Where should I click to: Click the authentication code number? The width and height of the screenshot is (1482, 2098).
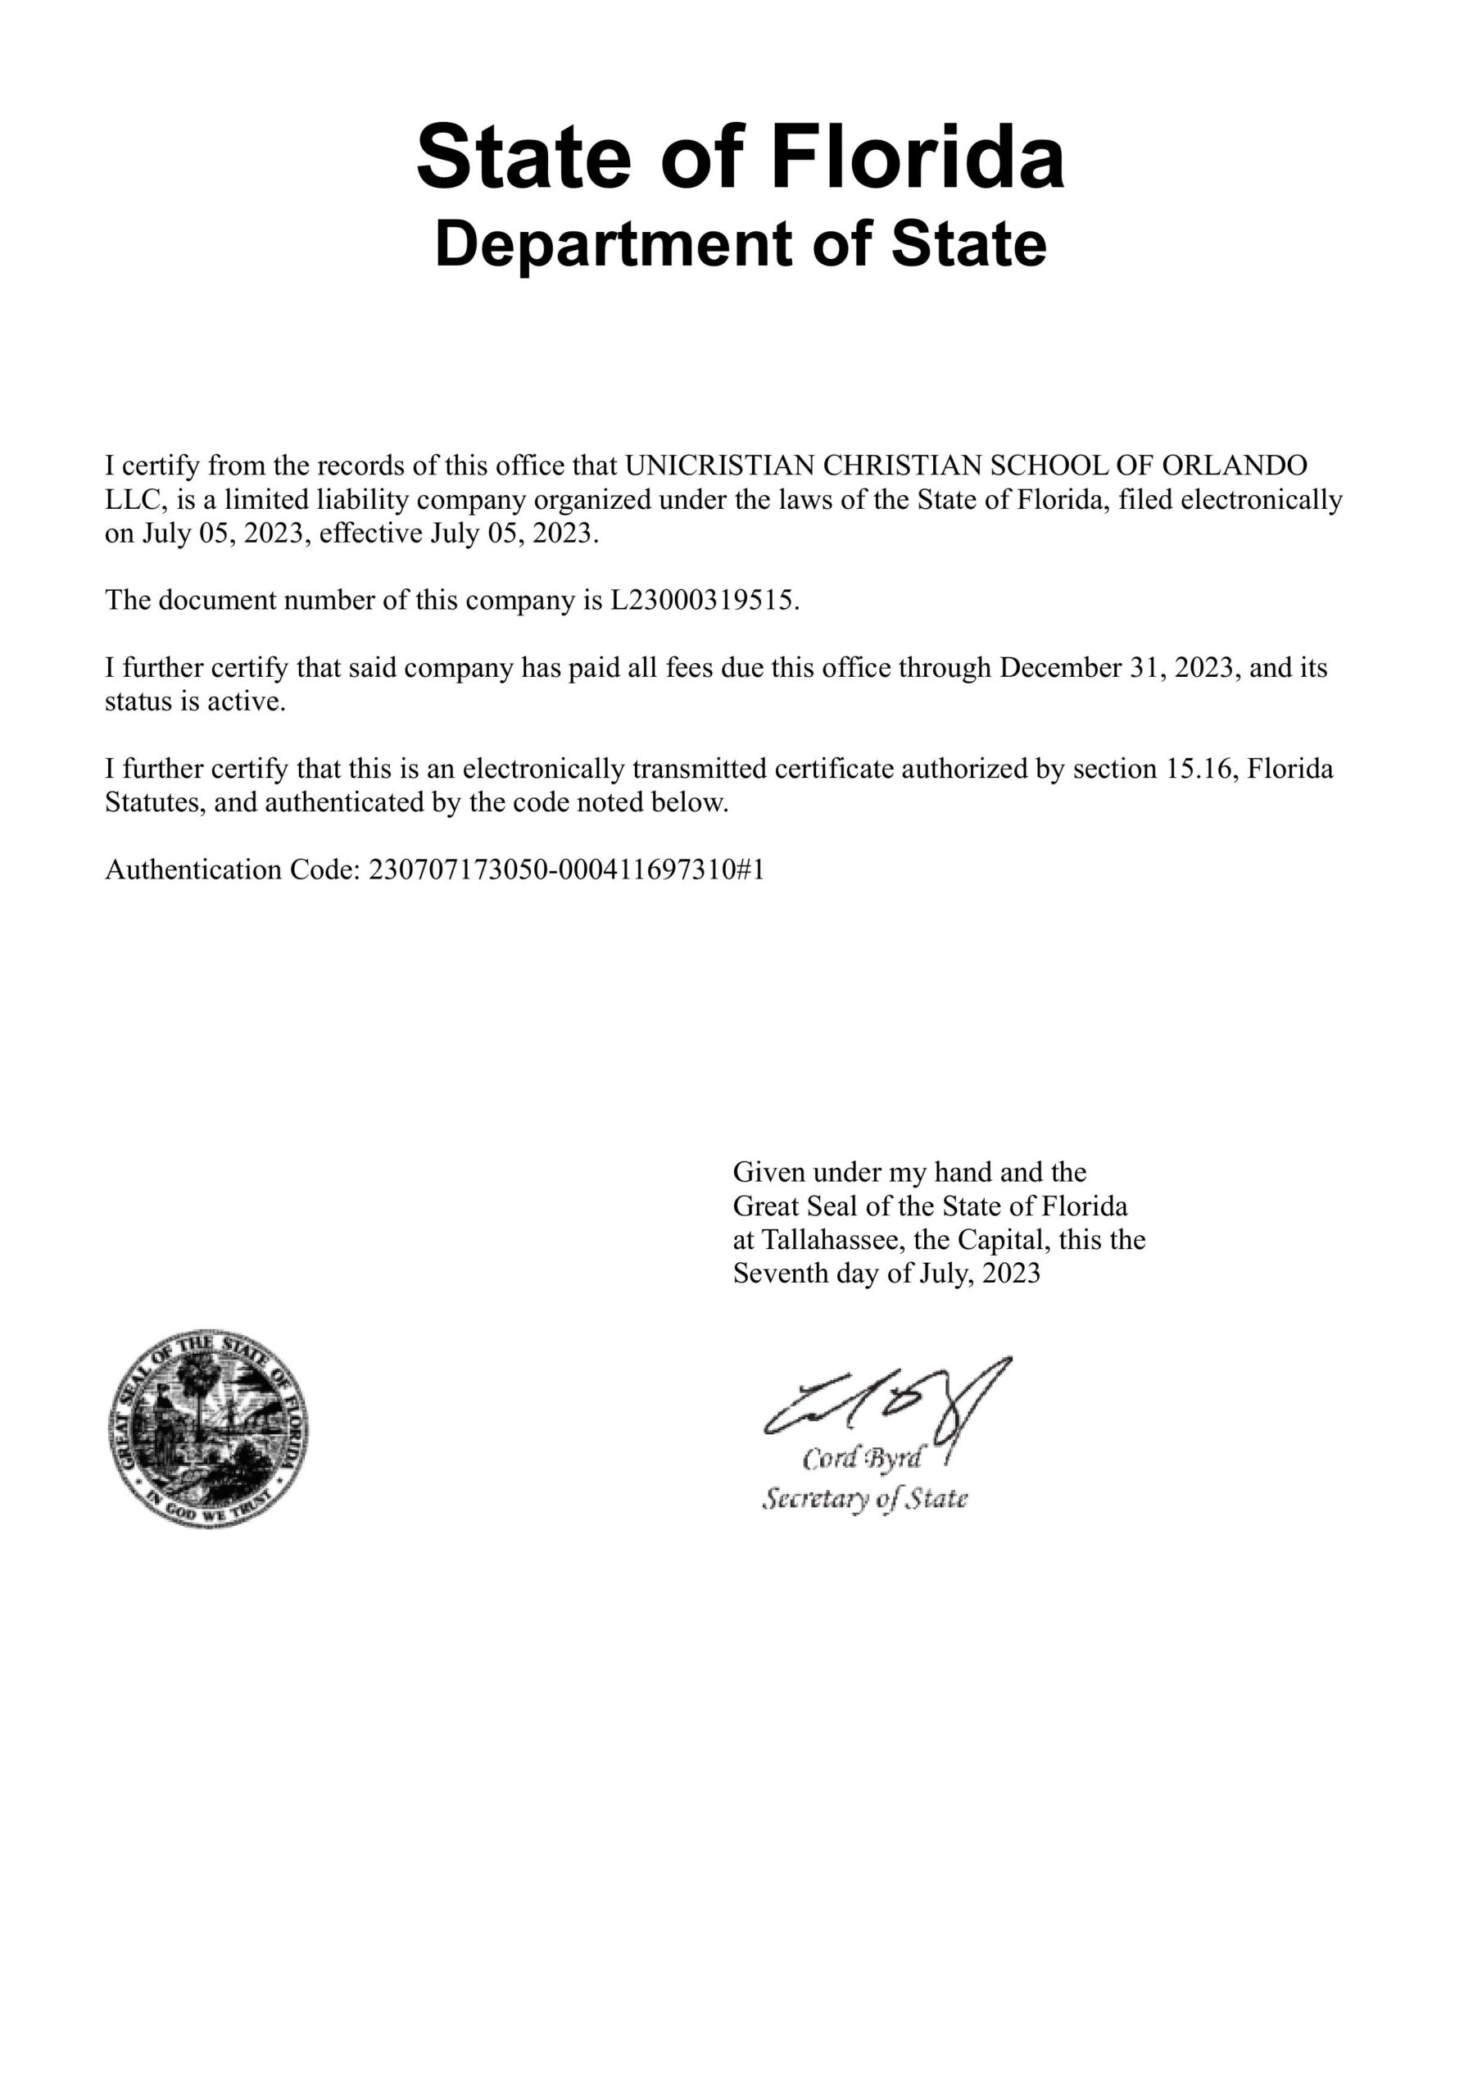pos(565,869)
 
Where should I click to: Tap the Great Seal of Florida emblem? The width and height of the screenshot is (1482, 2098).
pos(208,1429)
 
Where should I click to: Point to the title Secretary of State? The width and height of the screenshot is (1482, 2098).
pos(864,1499)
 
